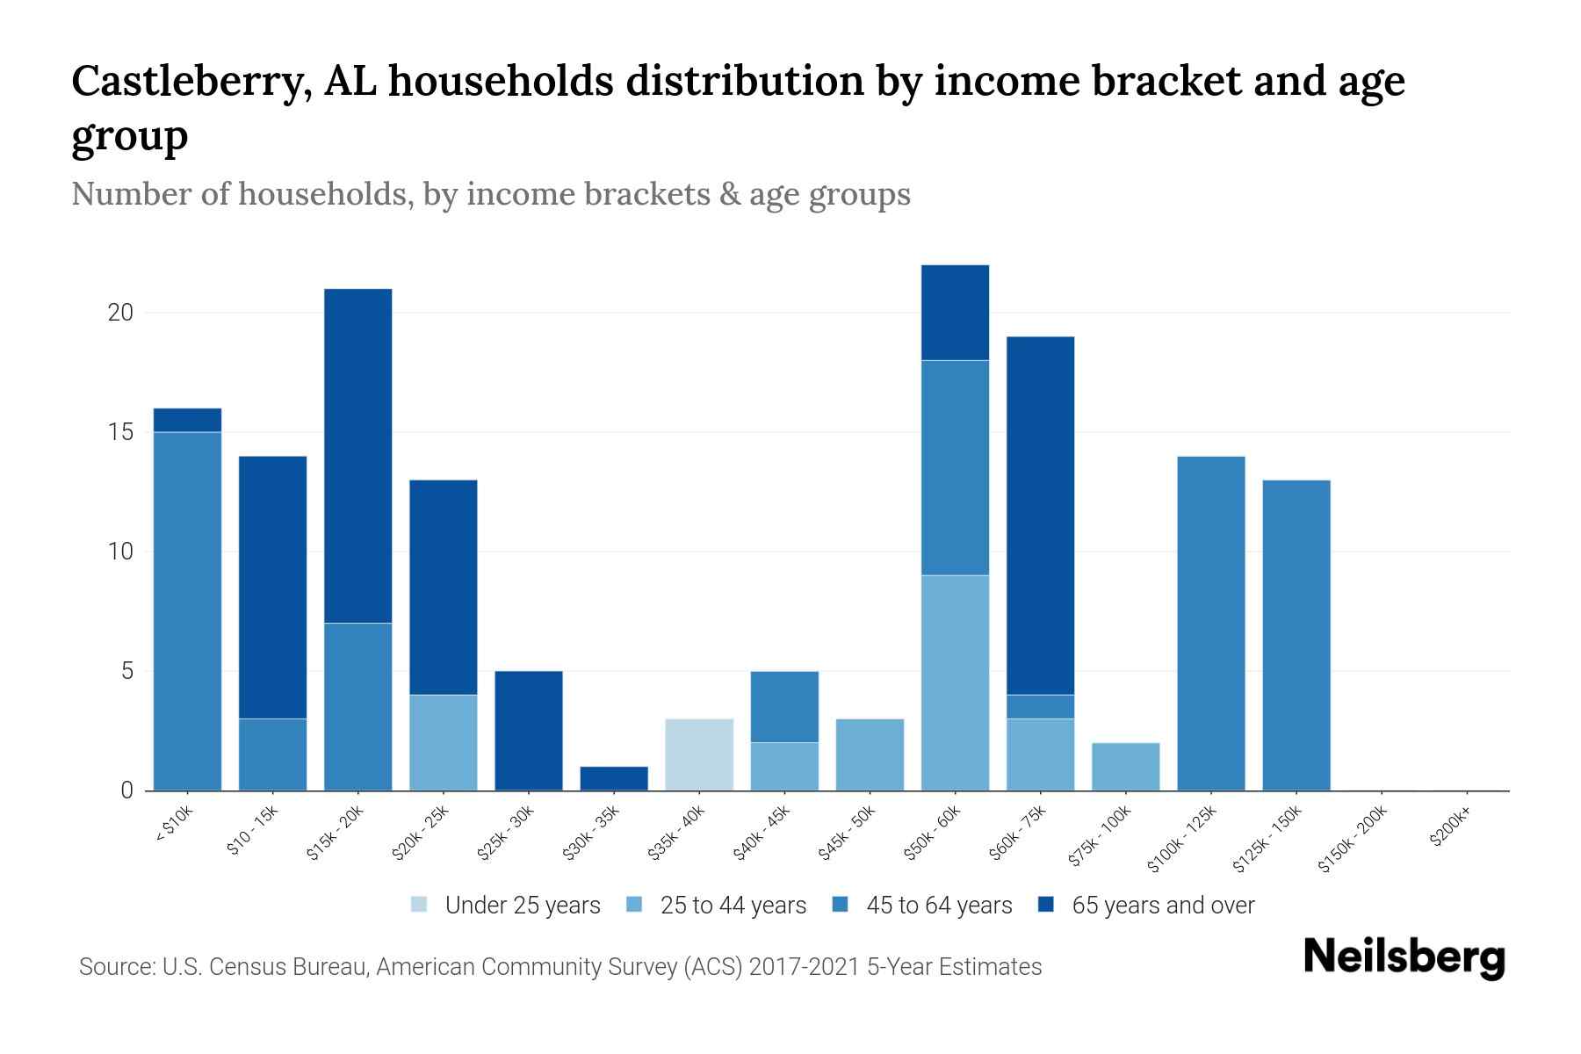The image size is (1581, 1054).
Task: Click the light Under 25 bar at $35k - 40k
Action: pos(699,754)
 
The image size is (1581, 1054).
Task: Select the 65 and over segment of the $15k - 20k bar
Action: pos(357,455)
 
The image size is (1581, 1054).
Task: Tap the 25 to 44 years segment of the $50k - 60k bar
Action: pos(955,682)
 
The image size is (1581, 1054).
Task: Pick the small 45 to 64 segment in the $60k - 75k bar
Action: pos(1040,706)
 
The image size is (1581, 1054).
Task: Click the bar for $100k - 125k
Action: pos(1210,623)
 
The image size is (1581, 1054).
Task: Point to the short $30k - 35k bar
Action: pos(614,778)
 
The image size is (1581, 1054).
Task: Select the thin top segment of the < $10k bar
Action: pos(187,420)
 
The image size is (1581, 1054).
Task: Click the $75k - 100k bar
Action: pos(1125,766)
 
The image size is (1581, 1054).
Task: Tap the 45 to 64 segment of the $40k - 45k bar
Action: pos(784,706)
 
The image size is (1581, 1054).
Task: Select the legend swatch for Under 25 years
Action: pos(420,905)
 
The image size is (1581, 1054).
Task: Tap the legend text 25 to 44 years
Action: pos(733,905)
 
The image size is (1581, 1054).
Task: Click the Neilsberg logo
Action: pos(1404,957)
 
